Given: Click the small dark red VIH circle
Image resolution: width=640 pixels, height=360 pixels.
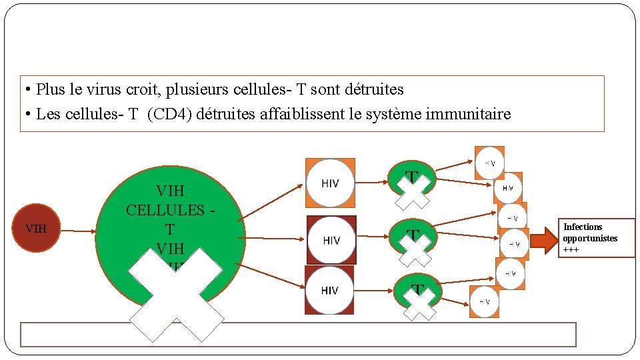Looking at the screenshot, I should coord(36,229).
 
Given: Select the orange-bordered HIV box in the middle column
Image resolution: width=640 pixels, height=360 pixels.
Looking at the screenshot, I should coord(330,183).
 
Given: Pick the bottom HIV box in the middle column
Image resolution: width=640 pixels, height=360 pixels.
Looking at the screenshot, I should coord(329,290).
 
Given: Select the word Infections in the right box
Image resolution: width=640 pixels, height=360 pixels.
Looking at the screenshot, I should coord(583,227).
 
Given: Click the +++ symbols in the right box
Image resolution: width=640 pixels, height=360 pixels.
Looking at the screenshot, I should coord(571,250).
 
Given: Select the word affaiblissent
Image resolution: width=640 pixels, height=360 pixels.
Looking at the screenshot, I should coord(287,114).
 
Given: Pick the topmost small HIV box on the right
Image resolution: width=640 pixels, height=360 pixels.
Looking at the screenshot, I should coord(489,163).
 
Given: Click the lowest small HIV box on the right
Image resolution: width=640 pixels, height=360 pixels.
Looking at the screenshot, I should coord(485,301).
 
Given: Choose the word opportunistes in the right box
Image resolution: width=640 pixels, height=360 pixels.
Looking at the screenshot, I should coord(590,239).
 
